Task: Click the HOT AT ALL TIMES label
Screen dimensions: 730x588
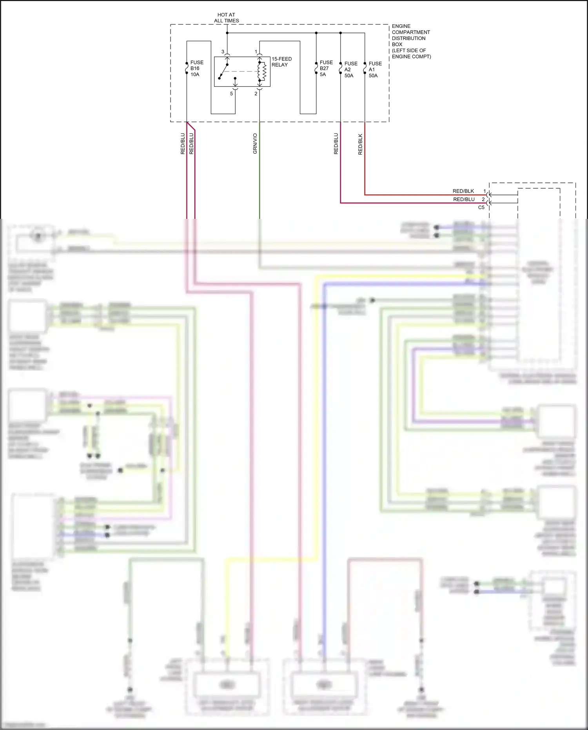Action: pos(226,18)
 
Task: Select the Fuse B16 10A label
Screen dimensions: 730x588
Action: pos(196,68)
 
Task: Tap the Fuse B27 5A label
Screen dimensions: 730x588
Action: pos(326,68)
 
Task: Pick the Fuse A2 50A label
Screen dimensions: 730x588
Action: pos(350,69)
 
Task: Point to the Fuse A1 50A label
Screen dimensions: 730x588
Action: pos(375,69)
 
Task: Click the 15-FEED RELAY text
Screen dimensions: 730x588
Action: pos(281,62)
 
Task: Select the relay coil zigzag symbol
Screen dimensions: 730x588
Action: pos(264,71)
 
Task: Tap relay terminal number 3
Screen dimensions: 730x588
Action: pos(223,52)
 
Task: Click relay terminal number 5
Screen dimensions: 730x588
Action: pos(231,94)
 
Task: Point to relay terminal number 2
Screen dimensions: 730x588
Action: pos(256,94)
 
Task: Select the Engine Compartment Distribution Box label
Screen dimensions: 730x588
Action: pos(411,41)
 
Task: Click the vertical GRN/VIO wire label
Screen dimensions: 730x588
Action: pos(255,144)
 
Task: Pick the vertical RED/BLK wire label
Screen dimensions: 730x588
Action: pos(360,144)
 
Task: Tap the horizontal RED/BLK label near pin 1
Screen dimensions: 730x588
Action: pos(463,191)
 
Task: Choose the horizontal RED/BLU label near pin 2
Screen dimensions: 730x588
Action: pos(463,199)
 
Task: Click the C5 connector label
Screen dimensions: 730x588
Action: pos(481,208)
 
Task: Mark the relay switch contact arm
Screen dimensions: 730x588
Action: pos(223,72)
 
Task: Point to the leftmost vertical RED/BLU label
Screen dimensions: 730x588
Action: pos(183,144)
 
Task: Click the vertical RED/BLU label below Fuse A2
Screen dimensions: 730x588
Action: pos(336,144)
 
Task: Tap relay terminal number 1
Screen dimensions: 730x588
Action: pos(256,52)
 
